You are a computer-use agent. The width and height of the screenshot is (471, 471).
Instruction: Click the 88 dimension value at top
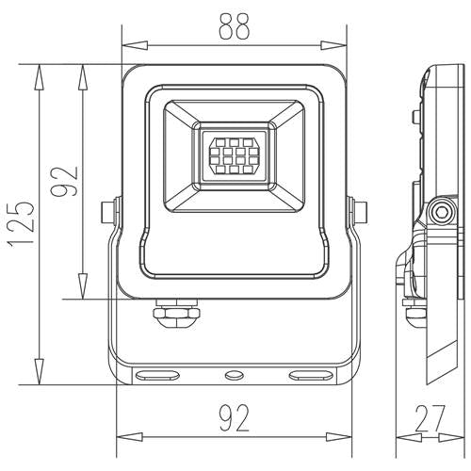pyautogui.click(x=235, y=27)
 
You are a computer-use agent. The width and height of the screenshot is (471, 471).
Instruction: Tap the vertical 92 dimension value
pyautogui.click(x=65, y=179)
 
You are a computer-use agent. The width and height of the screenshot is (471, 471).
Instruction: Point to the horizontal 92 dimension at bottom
pyautogui.click(x=235, y=416)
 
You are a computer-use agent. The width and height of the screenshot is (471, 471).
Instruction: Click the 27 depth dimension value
pyautogui.click(x=432, y=417)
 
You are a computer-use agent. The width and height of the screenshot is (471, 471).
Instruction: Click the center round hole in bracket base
pyautogui.click(x=231, y=375)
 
